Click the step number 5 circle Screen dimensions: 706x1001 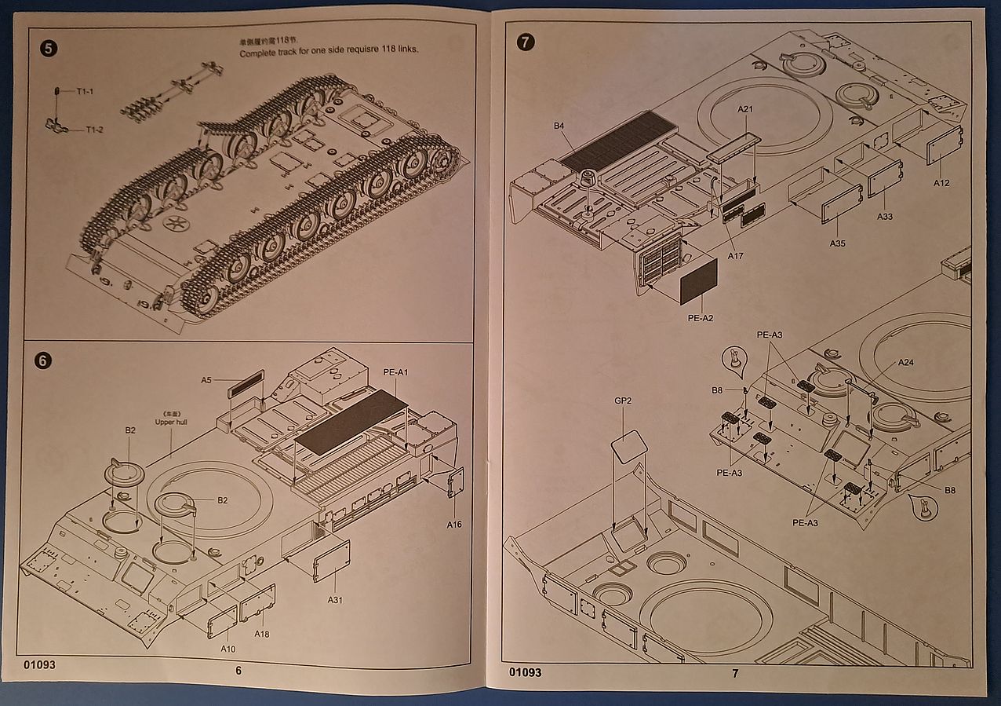(x=47, y=49)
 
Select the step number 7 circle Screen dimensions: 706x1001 (x=525, y=42)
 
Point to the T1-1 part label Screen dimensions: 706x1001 (x=85, y=92)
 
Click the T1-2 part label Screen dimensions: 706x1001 (x=95, y=130)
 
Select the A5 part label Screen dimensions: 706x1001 (x=206, y=380)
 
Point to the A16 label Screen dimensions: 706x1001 (x=455, y=524)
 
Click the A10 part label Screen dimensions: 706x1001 (x=227, y=649)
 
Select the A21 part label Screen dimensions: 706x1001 (x=745, y=109)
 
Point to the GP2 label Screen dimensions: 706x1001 (x=624, y=401)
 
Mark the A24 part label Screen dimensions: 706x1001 (x=906, y=363)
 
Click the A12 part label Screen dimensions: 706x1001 (x=941, y=183)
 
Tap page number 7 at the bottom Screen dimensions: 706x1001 (x=735, y=673)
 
